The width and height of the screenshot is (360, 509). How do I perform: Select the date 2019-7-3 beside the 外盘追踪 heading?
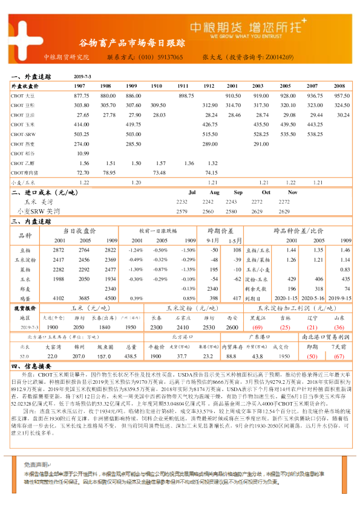coord(82,77)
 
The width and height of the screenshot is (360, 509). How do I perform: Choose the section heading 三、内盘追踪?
coord(33,221)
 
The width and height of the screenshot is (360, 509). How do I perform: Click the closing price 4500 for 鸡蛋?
coord(110,298)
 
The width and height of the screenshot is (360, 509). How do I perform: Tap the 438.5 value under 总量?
coord(129,356)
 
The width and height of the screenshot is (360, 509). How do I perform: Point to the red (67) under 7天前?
coord(339,356)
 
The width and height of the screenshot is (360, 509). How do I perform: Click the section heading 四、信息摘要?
coord(33,366)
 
